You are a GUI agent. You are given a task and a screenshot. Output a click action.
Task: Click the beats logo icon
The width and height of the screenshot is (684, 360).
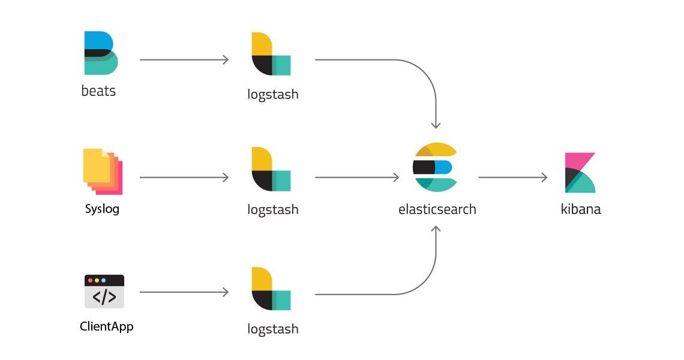[101, 53]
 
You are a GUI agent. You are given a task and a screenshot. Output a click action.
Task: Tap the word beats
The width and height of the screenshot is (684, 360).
[98, 92]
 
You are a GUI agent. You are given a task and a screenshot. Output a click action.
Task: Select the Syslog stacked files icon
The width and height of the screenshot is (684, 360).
[103, 171]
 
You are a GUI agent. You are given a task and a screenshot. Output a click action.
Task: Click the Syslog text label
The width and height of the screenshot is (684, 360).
[102, 209]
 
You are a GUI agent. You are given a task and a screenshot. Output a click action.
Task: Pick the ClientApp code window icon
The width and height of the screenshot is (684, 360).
[104, 291]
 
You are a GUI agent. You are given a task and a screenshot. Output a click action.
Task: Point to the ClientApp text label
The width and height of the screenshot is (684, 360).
[106, 327]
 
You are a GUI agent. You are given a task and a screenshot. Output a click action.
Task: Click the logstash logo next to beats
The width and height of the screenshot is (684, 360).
[271, 54]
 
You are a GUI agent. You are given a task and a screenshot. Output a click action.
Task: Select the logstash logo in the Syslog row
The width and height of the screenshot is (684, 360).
[271, 169]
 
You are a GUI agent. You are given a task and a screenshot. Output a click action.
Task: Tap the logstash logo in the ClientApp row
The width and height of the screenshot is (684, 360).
[271, 289]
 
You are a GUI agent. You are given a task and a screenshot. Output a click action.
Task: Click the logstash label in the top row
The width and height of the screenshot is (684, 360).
[272, 95]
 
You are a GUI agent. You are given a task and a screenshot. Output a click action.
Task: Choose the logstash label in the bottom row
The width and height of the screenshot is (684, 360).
[272, 329]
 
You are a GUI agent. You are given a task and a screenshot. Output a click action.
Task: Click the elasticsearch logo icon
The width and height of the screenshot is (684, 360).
[434, 167]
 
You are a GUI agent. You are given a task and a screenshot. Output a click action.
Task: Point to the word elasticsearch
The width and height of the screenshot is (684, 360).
[437, 209]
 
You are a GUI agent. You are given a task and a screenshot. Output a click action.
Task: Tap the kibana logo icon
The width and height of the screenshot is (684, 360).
[580, 173]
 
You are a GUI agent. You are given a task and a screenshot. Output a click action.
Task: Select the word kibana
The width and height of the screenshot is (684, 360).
[580, 209]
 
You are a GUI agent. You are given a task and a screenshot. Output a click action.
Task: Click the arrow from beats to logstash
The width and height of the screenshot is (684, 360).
[184, 59]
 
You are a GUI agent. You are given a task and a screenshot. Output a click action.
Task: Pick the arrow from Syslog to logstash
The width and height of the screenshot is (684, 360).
[184, 177]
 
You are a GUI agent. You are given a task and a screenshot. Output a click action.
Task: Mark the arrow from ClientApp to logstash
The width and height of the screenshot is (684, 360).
[184, 292]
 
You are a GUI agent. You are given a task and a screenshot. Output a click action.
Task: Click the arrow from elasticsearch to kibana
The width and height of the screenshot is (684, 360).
[513, 177]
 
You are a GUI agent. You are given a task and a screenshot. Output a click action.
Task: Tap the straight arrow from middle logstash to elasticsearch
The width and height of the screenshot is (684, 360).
[357, 177]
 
